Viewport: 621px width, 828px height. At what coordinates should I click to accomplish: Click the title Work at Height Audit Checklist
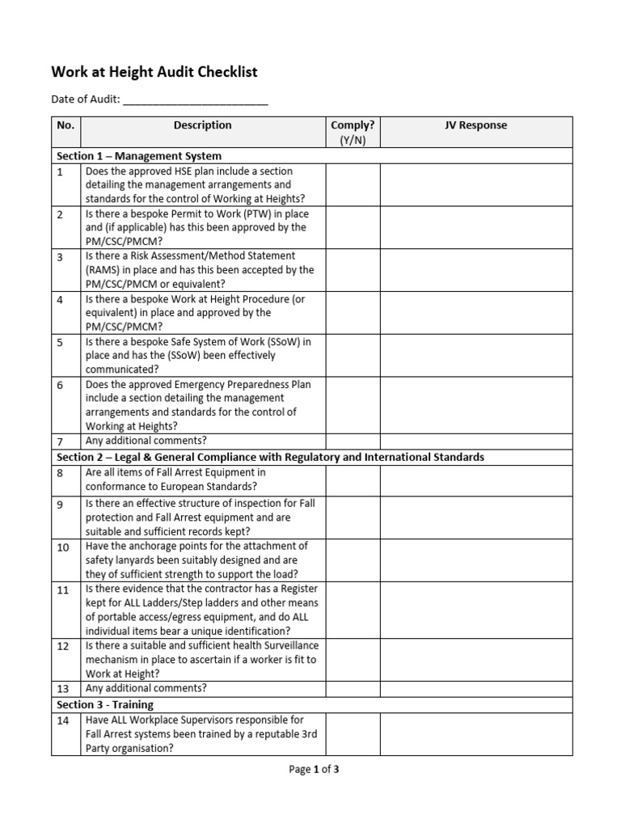[154, 72]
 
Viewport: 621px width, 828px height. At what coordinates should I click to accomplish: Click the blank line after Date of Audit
[196, 100]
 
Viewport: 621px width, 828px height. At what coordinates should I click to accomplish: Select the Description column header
[202, 125]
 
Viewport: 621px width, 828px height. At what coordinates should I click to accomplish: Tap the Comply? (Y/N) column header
[353, 133]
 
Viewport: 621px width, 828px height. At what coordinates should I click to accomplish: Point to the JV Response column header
[475, 125]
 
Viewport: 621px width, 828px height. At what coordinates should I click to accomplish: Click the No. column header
[65, 125]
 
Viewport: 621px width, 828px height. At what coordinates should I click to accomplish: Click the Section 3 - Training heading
[104, 704]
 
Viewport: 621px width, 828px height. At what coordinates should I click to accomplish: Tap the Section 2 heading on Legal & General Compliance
[270, 457]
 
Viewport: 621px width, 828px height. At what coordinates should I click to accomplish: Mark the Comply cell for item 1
[353, 184]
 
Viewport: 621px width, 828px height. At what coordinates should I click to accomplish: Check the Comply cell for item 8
[353, 479]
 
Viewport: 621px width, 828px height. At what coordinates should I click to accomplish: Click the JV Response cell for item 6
[475, 405]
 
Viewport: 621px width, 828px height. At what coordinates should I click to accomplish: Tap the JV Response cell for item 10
[475, 560]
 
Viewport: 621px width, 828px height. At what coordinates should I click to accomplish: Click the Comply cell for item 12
[353, 659]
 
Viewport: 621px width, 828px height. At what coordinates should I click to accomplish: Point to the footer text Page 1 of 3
[314, 770]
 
